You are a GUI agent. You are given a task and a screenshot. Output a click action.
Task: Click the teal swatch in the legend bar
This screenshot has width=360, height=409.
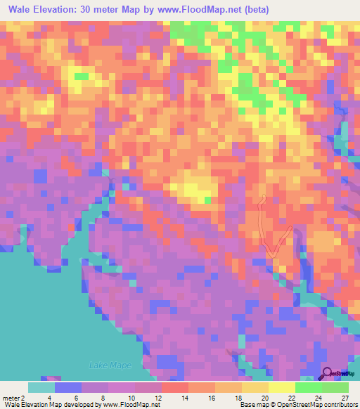pyautogui.click(x=41, y=387)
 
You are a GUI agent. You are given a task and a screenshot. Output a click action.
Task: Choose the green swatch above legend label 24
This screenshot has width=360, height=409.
pyautogui.click(x=308, y=387)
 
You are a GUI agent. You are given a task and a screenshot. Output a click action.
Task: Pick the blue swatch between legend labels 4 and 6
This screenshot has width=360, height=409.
pyautogui.click(x=68, y=387)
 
